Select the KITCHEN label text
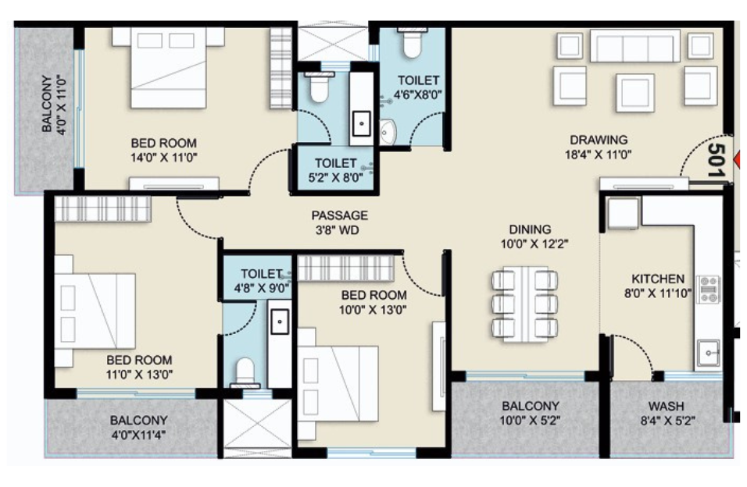[x=658, y=279]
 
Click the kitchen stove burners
[x=708, y=289]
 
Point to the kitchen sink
[x=709, y=354]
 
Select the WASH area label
[x=667, y=407]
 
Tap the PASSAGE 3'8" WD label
[x=339, y=215]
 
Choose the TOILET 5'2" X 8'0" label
[x=335, y=163]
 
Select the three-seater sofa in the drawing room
[x=634, y=46]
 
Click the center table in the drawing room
[x=634, y=92]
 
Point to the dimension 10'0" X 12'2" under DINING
[x=531, y=243]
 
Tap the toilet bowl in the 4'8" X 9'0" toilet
[x=246, y=371]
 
